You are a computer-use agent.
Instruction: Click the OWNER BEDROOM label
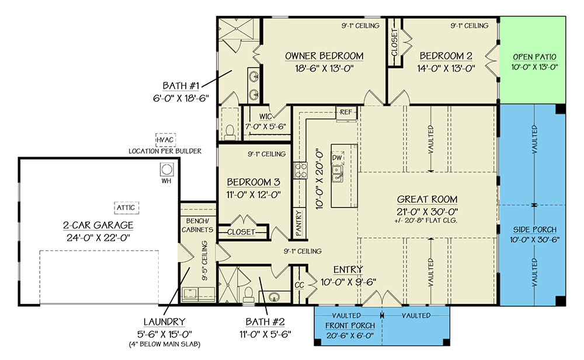point(324,56)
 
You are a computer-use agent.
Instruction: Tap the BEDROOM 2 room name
point(446,56)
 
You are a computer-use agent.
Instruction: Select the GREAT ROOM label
point(427,199)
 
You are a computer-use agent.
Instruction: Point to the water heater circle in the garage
point(166,169)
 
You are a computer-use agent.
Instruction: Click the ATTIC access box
point(126,207)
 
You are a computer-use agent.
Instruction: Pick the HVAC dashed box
point(165,140)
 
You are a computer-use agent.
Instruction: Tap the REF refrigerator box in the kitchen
point(346,112)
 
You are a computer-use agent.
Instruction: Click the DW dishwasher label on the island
point(337,158)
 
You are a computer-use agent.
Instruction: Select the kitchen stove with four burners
point(300,171)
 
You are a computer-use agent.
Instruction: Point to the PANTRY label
point(298,223)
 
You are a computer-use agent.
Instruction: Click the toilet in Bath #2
point(248,295)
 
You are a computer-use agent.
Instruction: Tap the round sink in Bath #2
point(274,297)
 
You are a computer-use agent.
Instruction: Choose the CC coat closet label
point(300,285)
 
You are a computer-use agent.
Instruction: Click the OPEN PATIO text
point(534,57)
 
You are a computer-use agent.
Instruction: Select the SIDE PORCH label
point(534,230)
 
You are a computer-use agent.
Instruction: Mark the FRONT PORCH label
point(350,326)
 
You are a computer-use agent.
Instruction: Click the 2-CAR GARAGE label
point(98,225)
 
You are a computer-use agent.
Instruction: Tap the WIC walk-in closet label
point(266,117)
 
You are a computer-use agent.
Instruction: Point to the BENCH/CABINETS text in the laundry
point(197,226)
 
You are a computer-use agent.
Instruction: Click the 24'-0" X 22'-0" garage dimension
point(98,238)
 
